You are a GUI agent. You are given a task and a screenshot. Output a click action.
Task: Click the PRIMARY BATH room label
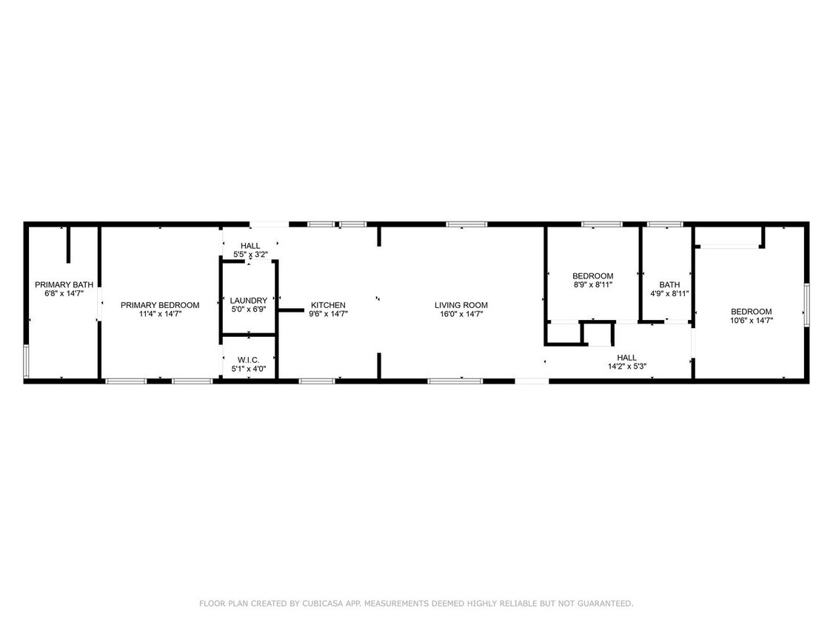(64, 284)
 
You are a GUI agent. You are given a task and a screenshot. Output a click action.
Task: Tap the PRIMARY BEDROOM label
(160, 305)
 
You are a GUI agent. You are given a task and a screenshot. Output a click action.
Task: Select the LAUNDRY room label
(249, 301)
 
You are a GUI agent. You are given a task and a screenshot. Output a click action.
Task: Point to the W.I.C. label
(249, 360)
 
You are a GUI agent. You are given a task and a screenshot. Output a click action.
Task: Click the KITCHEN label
(328, 305)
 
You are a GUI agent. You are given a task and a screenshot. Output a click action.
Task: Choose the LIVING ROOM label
(461, 305)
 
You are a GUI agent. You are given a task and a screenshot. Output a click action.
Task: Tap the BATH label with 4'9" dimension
(669, 284)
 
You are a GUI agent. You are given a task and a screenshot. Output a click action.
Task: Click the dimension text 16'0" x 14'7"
(461, 314)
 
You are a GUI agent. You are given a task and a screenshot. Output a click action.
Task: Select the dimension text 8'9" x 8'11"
(593, 284)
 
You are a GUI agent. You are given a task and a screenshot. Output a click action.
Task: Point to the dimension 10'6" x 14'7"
(752, 320)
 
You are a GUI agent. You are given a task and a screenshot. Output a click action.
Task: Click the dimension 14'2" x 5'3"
(627, 366)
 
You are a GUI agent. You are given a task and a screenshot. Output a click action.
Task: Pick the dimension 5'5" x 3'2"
(250, 255)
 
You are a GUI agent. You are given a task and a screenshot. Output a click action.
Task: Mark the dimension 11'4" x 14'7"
(160, 314)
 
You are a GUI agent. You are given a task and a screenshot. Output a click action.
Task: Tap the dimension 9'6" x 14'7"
(328, 314)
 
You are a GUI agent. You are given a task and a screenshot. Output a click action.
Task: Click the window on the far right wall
(807, 303)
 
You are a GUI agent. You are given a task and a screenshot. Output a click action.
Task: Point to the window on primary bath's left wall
(26, 361)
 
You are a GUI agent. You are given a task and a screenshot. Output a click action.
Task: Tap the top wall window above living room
(466, 223)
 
